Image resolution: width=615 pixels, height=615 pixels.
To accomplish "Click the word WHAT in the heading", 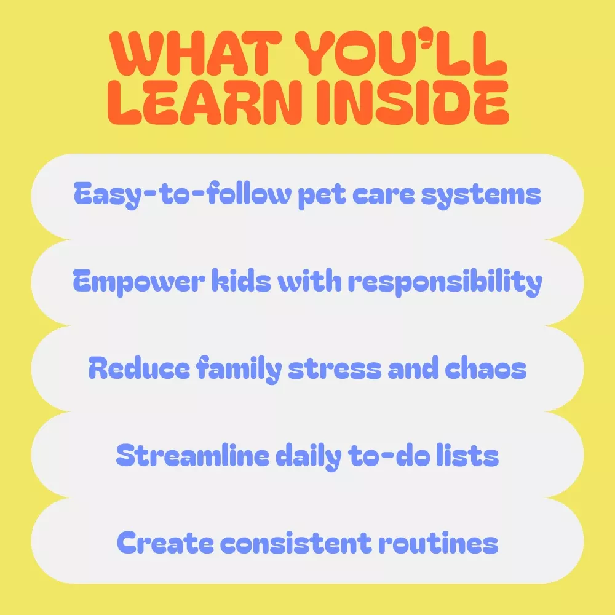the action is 196,54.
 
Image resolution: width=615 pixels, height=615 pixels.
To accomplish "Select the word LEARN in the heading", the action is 205,102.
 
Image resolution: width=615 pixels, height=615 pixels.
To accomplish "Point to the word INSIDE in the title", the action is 412,102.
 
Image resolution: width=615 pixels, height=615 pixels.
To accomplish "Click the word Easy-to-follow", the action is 183,194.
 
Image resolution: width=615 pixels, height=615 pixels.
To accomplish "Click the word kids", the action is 241,280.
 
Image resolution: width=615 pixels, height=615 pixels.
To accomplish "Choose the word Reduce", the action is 139,368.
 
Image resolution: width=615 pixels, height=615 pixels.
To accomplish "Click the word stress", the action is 335,369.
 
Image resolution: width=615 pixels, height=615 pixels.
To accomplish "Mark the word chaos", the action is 486,368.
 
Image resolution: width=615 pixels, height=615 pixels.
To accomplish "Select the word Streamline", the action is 192,455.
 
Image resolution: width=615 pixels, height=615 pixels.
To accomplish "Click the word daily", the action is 309,456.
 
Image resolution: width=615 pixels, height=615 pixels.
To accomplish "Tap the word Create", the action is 165,542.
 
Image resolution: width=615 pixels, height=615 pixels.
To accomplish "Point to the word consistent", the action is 296,543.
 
